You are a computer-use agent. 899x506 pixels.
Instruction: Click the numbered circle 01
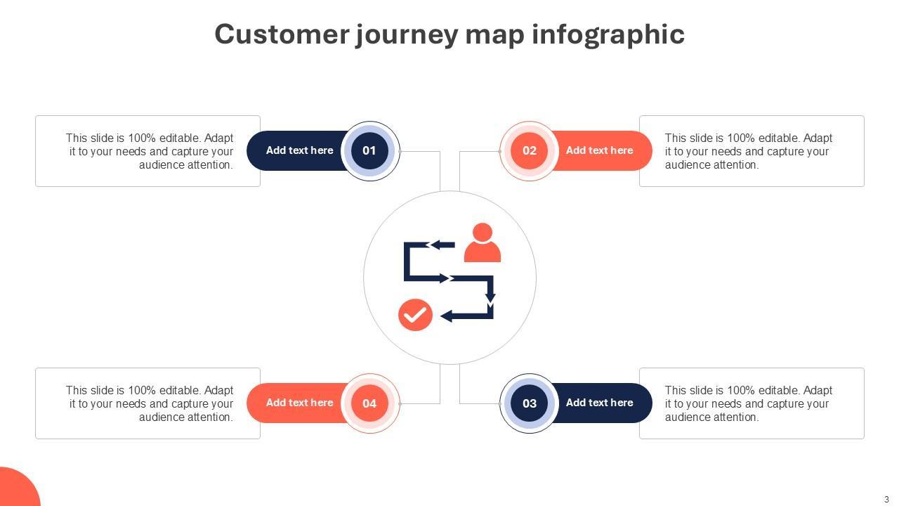(x=369, y=150)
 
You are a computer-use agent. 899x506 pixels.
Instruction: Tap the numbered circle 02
(x=530, y=150)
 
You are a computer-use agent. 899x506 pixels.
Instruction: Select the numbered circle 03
(x=530, y=403)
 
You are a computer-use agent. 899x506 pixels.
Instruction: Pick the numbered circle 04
(x=369, y=403)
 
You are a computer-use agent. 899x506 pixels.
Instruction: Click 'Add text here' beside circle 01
(x=299, y=150)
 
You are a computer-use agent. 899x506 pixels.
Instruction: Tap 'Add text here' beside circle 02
(x=599, y=150)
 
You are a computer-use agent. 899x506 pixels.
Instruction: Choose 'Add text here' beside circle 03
(x=599, y=403)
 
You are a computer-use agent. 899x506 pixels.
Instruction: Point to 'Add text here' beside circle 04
(x=299, y=403)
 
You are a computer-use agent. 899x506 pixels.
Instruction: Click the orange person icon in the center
(x=483, y=243)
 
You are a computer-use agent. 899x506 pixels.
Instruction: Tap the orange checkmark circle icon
(x=415, y=315)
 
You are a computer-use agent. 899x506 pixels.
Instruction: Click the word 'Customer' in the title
(x=281, y=34)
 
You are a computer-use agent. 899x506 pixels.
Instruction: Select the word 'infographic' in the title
(x=608, y=34)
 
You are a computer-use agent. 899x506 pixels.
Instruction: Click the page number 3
(x=886, y=500)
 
